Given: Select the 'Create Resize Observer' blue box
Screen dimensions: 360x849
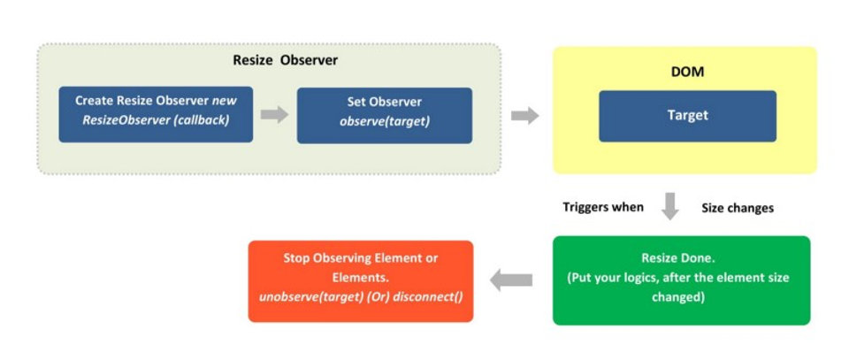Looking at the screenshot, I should click(x=156, y=114).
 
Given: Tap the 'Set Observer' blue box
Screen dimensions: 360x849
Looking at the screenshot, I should click(x=384, y=114).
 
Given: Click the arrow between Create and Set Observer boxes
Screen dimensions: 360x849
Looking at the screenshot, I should click(x=274, y=115).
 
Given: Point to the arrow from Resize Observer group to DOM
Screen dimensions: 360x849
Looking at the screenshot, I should click(x=525, y=115).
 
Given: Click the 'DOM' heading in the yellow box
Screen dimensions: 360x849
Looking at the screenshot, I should click(x=687, y=72).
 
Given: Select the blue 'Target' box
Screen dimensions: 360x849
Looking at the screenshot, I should click(x=687, y=116).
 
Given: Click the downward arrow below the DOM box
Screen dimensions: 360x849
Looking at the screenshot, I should click(x=670, y=206).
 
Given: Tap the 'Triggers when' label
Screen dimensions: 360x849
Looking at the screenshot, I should click(x=603, y=207).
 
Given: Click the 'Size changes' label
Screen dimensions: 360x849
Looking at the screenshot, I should click(x=738, y=208).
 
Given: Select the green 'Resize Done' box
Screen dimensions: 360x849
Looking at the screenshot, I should click(x=681, y=280).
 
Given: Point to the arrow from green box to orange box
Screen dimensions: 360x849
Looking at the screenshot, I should click(x=512, y=280).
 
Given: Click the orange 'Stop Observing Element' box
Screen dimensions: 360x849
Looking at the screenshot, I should click(x=361, y=280).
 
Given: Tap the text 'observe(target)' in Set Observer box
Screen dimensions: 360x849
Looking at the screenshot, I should click(x=385, y=121).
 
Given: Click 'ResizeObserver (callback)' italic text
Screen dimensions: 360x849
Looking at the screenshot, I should click(x=156, y=121).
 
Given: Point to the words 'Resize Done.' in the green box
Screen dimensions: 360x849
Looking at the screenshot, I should click(x=681, y=258).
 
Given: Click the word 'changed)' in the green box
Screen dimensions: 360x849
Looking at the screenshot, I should click(x=681, y=297).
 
